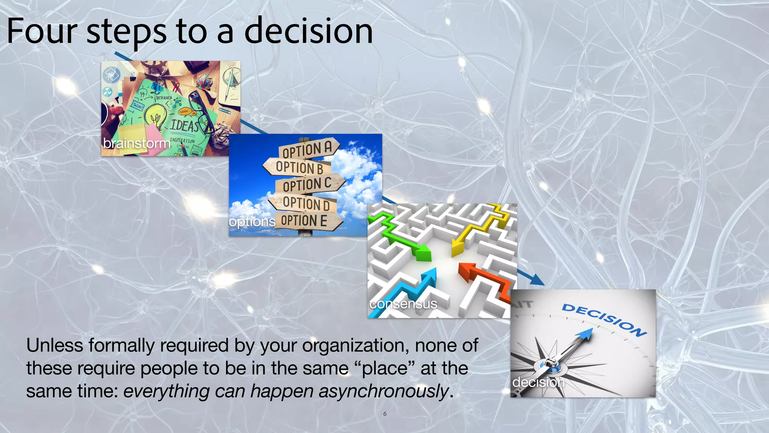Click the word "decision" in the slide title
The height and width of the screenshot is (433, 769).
309,31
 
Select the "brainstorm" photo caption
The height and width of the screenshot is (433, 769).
137,143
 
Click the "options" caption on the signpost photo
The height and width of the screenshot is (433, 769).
252,221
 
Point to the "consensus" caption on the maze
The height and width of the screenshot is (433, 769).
403,304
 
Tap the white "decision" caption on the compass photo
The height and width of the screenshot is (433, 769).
538,382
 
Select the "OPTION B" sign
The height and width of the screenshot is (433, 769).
299,167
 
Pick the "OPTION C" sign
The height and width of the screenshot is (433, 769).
307,185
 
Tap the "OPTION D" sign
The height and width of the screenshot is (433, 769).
306,203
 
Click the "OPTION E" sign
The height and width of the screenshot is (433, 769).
304,221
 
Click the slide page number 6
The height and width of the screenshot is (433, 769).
384,414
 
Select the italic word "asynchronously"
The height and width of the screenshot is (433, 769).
384,391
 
